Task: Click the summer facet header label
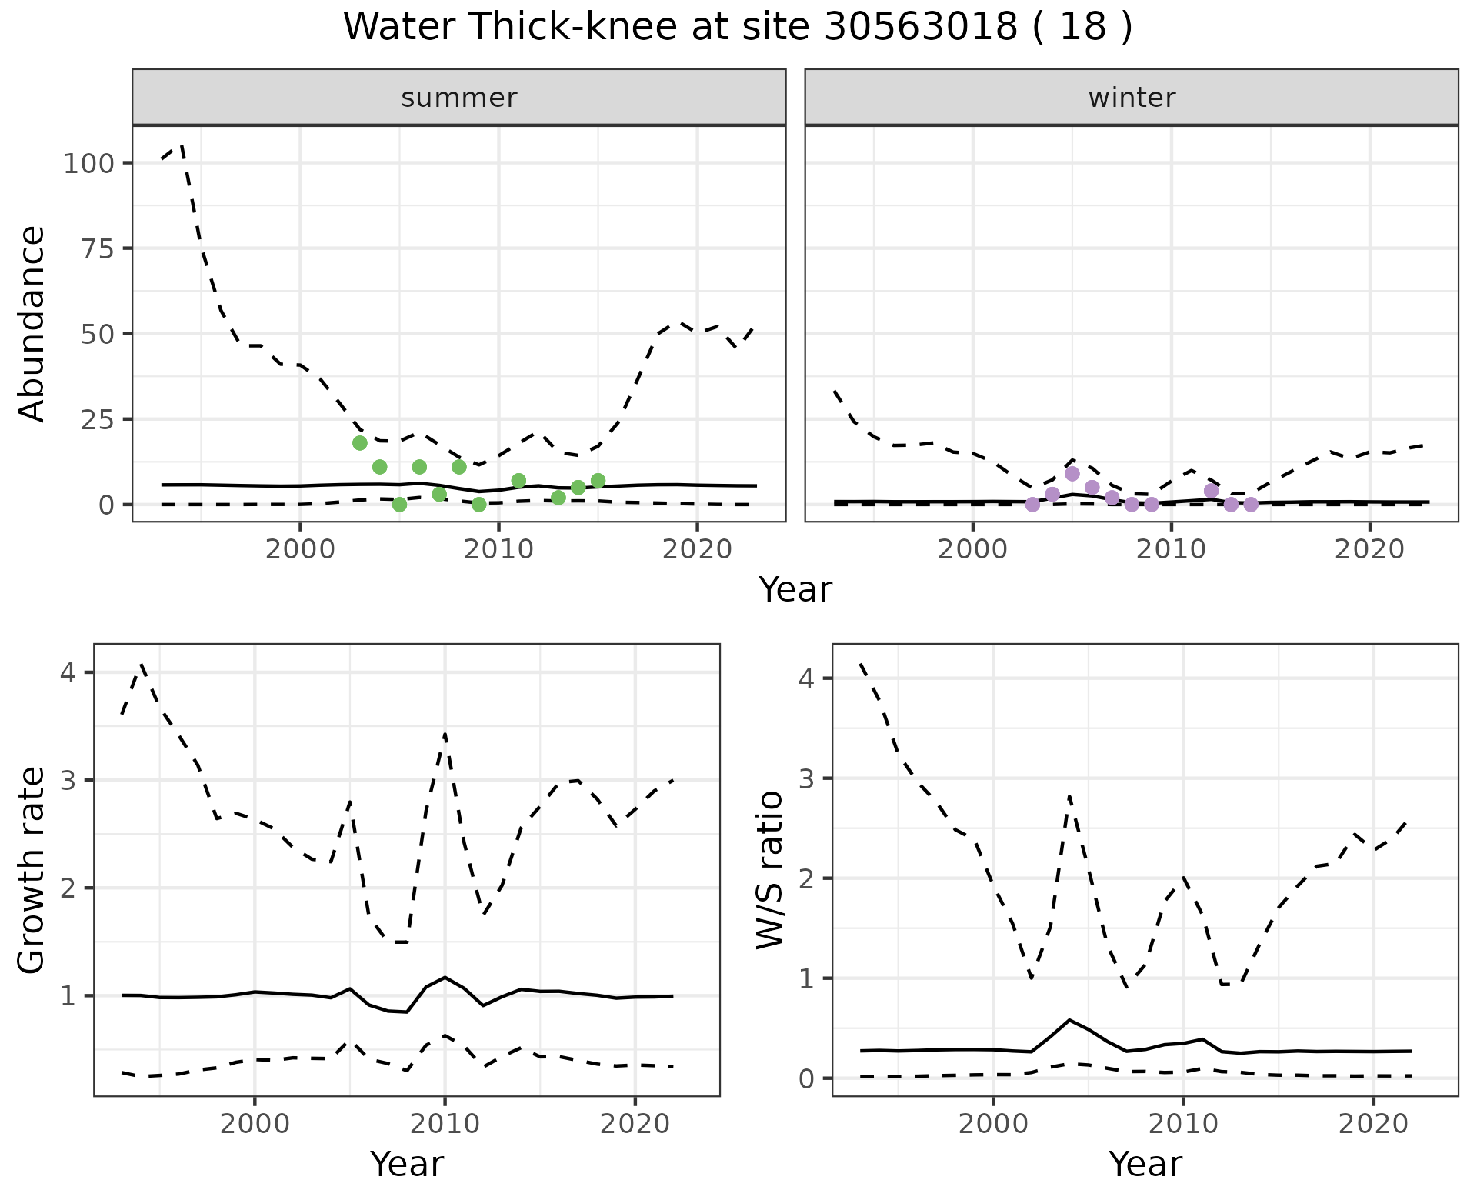coord(458,98)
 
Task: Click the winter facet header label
coord(1131,98)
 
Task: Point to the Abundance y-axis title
coord(32,323)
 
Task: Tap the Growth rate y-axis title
coord(32,871)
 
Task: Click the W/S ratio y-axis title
coord(770,871)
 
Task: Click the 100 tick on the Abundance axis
coord(90,163)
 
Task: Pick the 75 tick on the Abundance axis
coord(100,248)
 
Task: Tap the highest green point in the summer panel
coord(359,443)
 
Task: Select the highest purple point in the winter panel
coord(1072,474)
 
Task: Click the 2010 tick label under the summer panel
coord(498,550)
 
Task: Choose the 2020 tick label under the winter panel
coord(1369,550)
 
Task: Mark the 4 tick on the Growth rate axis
coord(68,673)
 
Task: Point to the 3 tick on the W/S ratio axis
coord(807,778)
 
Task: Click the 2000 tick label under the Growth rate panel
coord(255,1124)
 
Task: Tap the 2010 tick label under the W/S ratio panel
coord(1183,1124)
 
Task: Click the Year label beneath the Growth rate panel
coord(406,1165)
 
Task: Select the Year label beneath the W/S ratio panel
coord(1145,1165)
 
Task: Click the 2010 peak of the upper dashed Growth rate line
coord(445,735)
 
